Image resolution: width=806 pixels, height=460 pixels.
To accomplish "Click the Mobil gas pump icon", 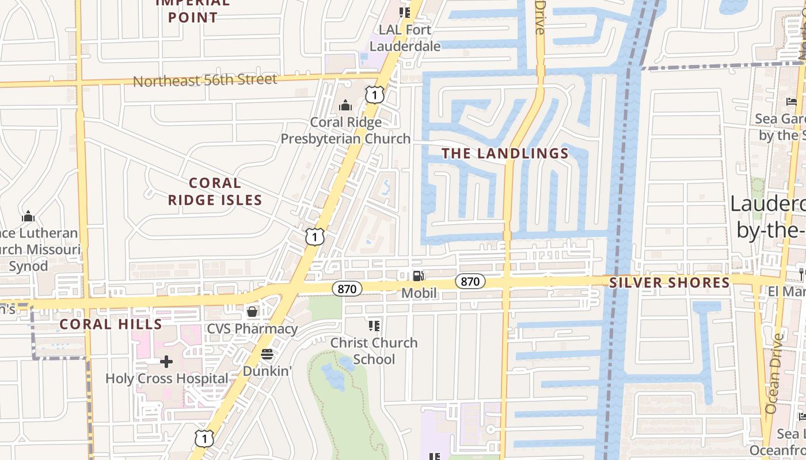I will pyautogui.click(x=419, y=276).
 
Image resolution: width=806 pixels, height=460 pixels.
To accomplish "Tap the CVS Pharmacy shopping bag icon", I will pyautogui.click(x=252, y=312).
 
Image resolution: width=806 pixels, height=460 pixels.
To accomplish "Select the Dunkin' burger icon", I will pyautogui.click(x=267, y=354).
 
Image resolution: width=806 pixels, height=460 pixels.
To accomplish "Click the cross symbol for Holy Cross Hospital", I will pyautogui.click(x=166, y=362).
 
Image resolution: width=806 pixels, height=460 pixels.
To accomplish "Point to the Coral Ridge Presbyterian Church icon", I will pyautogui.click(x=345, y=105).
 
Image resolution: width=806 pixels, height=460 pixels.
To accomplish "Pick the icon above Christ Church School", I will pyautogui.click(x=374, y=326).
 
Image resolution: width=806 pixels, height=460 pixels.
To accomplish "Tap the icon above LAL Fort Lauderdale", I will pyautogui.click(x=405, y=12).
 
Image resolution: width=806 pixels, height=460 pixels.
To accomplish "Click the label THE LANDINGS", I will pyautogui.click(x=505, y=154).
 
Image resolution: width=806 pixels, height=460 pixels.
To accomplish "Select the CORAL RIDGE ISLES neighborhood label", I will pyautogui.click(x=215, y=191).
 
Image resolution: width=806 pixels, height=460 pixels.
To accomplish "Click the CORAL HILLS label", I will pyautogui.click(x=111, y=324).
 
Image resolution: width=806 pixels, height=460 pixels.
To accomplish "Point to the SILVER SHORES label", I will pyautogui.click(x=670, y=282).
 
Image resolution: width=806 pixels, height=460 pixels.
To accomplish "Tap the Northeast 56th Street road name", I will pyautogui.click(x=205, y=80).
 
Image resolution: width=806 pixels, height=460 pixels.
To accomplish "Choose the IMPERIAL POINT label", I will pyautogui.click(x=193, y=10).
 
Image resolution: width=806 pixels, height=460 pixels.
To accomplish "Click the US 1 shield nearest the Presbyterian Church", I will pyautogui.click(x=375, y=94).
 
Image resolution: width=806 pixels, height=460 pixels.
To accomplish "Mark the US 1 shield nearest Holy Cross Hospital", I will pyautogui.click(x=204, y=439).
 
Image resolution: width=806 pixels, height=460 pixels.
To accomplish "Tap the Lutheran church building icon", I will pyautogui.click(x=28, y=217).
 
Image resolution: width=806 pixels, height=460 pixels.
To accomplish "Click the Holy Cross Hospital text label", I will pyautogui.click(x=167, y=379).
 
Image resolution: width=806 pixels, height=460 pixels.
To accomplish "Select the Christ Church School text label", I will pyautogui.click(x=374, y=351).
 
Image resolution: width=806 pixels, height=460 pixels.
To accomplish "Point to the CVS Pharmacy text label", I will pyautogui.click(x=252, y=329).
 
